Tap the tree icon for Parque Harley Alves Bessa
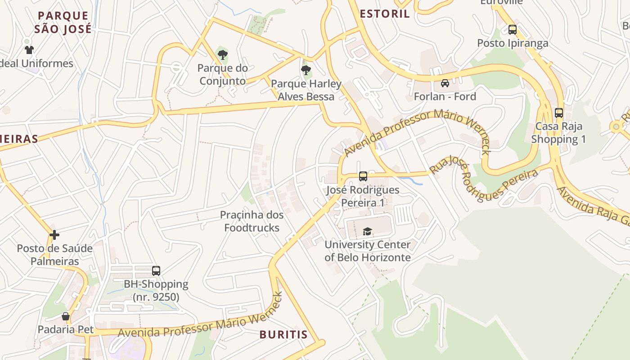[x=306, y=70]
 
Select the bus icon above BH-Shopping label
[x=156, y=271]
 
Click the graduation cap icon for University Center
[x=368, y=232]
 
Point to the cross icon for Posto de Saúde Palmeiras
[x=54, y=235]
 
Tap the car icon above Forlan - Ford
[x=445, y=83]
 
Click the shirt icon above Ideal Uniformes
[x=29, y=50]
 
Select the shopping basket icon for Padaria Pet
[x=66, y=316]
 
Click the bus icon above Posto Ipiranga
[x=512, y=30]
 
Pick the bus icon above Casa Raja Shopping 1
[x=559, y=113]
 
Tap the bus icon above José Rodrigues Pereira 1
[x=363, y=176]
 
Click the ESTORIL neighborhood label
[x=385, y=13]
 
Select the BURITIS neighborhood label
[x=283, y=334]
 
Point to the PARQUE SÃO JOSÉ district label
[x=63, y=22]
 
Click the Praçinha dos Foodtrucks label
[x=252, y=221]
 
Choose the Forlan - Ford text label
[x=445, y=96]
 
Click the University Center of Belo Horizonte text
[x=368, y=251]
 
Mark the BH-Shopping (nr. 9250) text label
[x=156, y=291]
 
